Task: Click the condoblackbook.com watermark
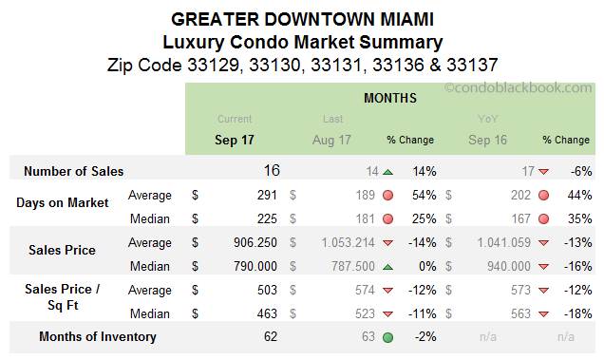tap(519, 88)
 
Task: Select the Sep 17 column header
tap(235, 140)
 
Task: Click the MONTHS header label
tap(390, 98)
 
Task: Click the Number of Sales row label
tap(73, 172)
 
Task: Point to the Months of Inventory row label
tap(97, 336)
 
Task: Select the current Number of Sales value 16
tap(272, 171)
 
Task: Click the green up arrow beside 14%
tap(387, 172)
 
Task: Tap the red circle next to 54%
tap(387, 196)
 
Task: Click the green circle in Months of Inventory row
tap(387, 336)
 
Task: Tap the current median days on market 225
tap(266, 218)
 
